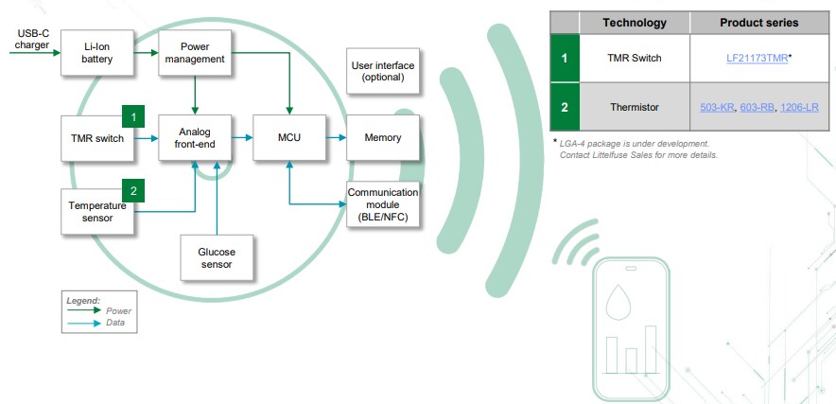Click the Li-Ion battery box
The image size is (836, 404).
point(96,52)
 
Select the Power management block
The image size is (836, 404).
point(194,52)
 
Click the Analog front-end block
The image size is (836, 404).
point(194,138)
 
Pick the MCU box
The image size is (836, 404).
point(289,138)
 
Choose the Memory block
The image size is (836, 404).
point(382,138)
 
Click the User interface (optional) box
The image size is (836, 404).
point(382,71)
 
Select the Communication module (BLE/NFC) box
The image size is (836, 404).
point(382,203)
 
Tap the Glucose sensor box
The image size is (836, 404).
point(217,258)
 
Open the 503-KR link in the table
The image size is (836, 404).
point(716,107)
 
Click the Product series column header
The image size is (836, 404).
point(759,23)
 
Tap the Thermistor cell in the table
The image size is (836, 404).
point(634,107)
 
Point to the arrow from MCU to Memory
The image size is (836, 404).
point(336,138)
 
